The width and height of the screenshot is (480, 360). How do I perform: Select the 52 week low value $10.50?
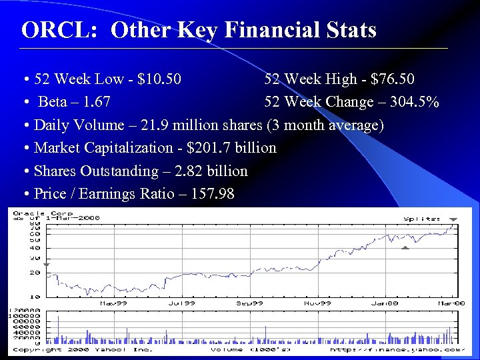(x=157, y=79)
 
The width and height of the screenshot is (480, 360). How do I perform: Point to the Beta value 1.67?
(x=94, y=102)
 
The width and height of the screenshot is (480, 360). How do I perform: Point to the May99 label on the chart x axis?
(x=112, y=303)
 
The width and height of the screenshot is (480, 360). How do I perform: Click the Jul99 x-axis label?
(x=181, y=303)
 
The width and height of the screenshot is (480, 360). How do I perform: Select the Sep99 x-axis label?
(x=249, y=303)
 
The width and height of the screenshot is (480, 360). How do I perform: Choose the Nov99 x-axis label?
(x=319, y=303)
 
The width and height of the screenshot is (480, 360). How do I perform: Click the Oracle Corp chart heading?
(x=40, y=214)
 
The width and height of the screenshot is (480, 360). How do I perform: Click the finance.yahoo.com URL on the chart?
(x=396, y=349)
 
